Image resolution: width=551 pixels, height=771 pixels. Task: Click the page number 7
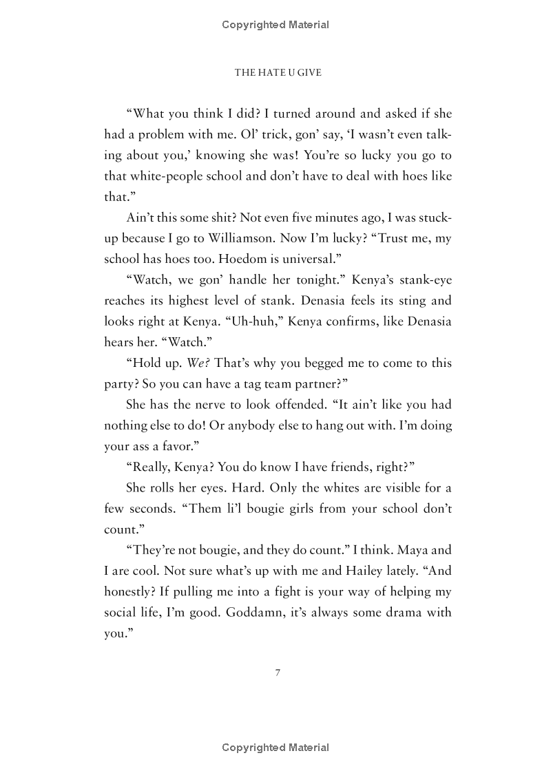point(278,673)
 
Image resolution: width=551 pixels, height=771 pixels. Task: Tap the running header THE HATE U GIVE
point(278,72)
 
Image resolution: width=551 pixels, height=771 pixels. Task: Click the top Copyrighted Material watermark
point(275,25)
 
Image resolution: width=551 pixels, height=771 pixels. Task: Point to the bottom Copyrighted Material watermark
point(275,748)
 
